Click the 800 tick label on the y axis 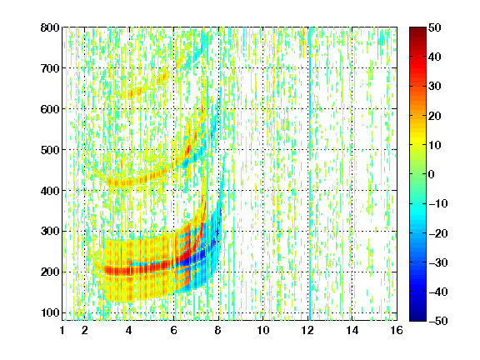pos(50,27)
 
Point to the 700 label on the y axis pos(50,68)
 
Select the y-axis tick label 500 pos(50,150)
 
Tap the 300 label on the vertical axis pos(50,232)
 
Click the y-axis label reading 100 pos(50,312)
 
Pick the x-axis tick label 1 pos(62,330)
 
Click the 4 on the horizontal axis pos(129,330)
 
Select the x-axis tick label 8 pos(218,330)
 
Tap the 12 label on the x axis pos(307,330)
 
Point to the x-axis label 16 pos(397,330)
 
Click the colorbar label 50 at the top pos(435,27)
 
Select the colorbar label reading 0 pos(432,174)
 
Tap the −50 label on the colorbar pos(438,321)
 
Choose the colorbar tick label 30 pos(435,87)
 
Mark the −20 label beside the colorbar pos(438,233)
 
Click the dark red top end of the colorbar pos(417,30)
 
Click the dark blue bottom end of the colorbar pos(417,317)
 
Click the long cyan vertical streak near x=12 pos(310,173)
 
